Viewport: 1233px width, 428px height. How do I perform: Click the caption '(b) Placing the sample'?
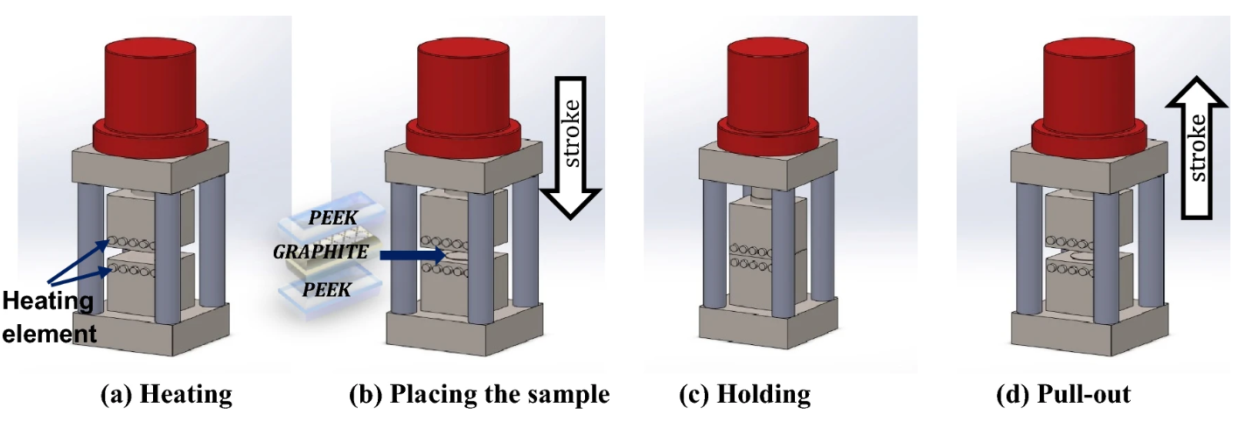[x=478, y=395]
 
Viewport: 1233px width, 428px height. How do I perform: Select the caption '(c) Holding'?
[x=744, y=395]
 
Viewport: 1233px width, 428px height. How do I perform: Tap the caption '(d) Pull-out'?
[x=1062, y=395]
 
